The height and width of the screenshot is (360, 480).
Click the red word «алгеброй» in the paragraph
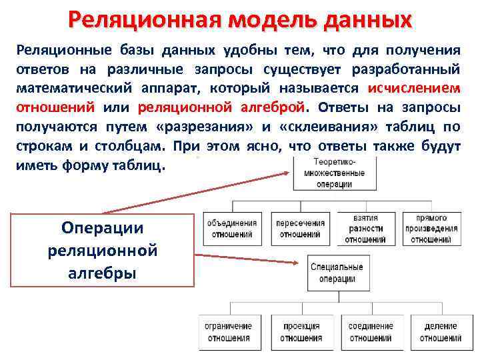273,107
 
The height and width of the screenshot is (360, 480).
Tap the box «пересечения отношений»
300,229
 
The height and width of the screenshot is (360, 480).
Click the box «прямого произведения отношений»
432,229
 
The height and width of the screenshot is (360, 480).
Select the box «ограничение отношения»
228,332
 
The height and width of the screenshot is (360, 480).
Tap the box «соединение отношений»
371,332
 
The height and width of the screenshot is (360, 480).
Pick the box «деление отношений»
441,332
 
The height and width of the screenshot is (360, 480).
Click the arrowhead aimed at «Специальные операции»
299,262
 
